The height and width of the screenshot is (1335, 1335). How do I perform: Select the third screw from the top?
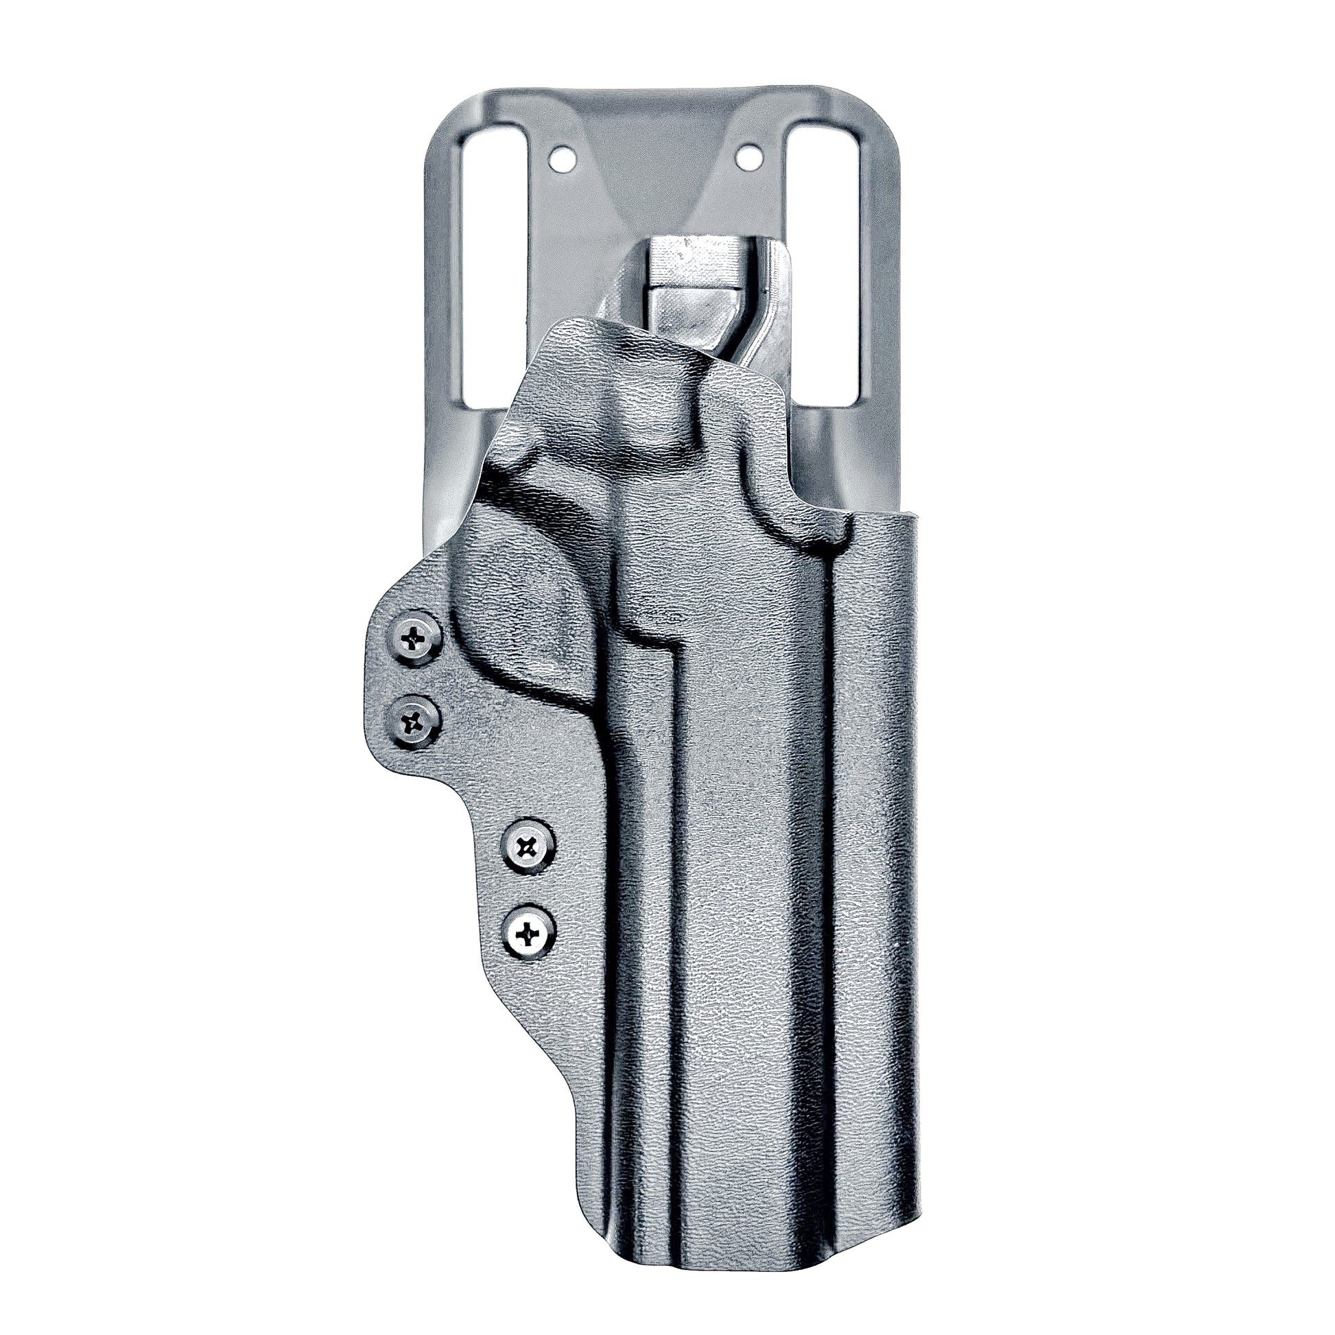pyautogui.click(x=529, y=846)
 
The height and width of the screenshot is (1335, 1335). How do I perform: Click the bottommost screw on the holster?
pyautogui.click(x=529, y=936)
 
